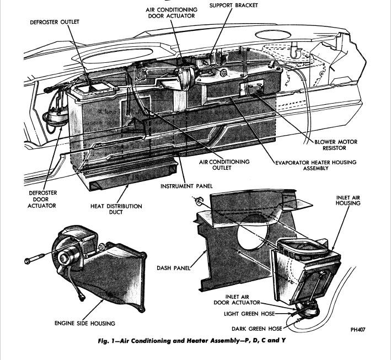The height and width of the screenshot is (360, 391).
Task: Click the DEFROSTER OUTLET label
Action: (x=55, y=22)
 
